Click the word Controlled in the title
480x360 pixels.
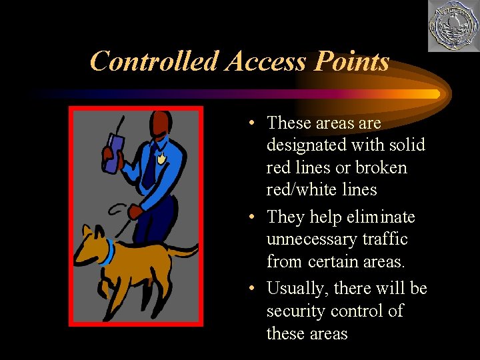[x=155, y=61]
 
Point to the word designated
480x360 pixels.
[x=309, y=145]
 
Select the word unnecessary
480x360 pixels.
[x=318, y=239]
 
